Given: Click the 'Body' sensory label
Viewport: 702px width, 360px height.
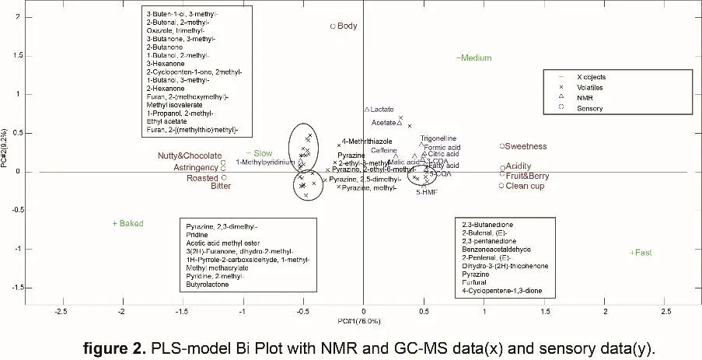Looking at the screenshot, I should tap(347, 26).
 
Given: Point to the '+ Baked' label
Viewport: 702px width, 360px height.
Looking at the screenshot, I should tap(128, 224).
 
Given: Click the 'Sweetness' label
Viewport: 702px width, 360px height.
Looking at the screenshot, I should tap(525, 146).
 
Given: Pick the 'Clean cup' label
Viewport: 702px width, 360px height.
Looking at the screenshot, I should tap(524, 186).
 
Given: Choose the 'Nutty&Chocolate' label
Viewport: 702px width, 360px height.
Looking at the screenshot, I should tap(189, 156).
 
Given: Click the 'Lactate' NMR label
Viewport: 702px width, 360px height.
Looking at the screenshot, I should tap(382, 110).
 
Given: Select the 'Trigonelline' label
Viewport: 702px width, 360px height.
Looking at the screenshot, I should tap(438, 138).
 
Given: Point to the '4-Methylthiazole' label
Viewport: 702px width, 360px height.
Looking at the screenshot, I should tap(368, 142).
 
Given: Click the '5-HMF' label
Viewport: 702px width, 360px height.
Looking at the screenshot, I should tap(427, 191).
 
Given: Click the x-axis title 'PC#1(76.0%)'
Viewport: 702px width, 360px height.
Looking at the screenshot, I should tap(359, 321).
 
